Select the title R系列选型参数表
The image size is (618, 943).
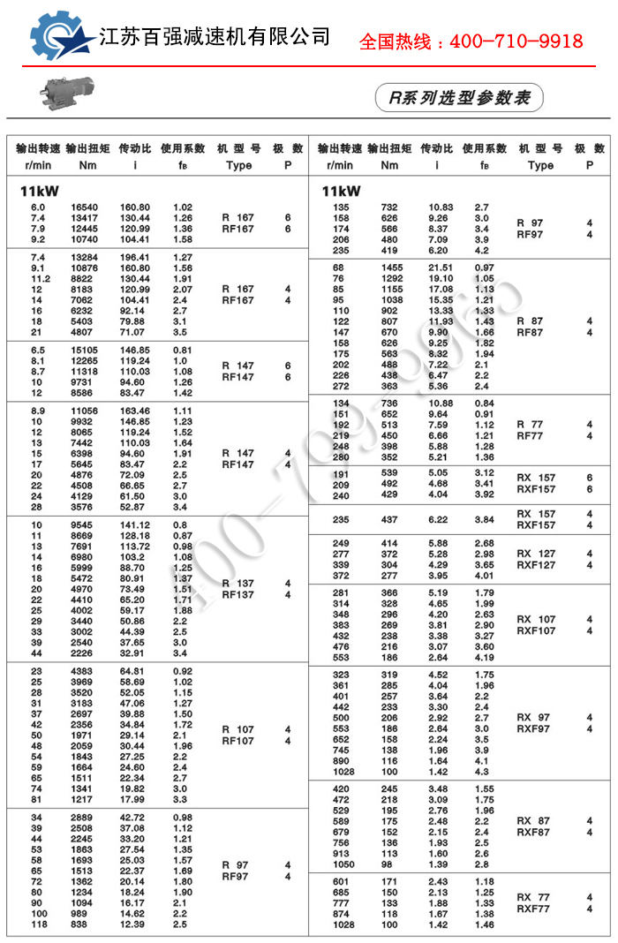pos(458,97)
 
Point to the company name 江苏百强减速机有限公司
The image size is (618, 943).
pos(215,36)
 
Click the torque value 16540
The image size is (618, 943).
pos(85,207)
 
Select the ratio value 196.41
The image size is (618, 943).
pos(135,257)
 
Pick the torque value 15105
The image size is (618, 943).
pos(85,350)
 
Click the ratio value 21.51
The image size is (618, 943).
pos(441,268)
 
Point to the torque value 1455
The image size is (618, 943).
pos(390,268)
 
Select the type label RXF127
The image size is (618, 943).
pos(536,565)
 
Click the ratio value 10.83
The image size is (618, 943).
pos(441,207)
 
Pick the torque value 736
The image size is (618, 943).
pos(390,404)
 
